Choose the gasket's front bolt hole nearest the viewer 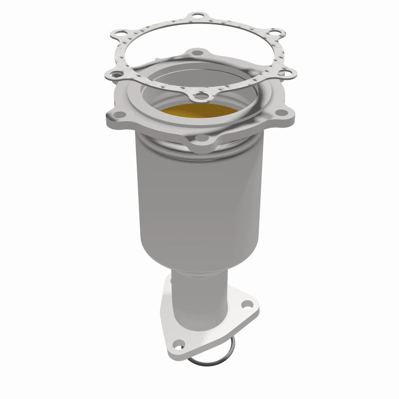click(x=200, y=94)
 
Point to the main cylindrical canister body click(x=199, y=199)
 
